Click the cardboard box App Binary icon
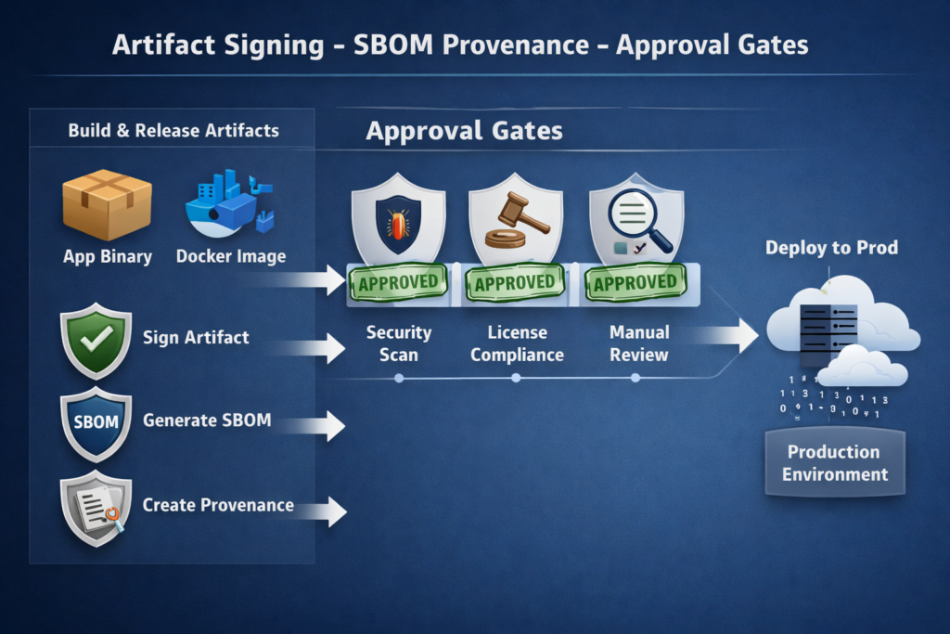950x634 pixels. coord(107,203)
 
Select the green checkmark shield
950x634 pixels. coord(96,341)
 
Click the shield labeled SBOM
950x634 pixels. coord(96,422)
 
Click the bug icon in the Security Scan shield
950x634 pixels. coord(398,225)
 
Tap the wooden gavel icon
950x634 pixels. coord(516,220)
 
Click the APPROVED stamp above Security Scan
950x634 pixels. coord(398,282)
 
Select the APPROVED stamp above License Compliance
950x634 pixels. coord(516,283)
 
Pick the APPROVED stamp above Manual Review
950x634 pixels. coord(635,282)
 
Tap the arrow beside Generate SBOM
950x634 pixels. coord(315,426)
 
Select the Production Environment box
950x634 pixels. coord(834,463)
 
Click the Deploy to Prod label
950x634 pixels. coord(831,248)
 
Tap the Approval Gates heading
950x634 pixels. coord(464,131)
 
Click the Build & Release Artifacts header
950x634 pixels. coord(173,130)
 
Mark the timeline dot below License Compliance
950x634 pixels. coord(517,378)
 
